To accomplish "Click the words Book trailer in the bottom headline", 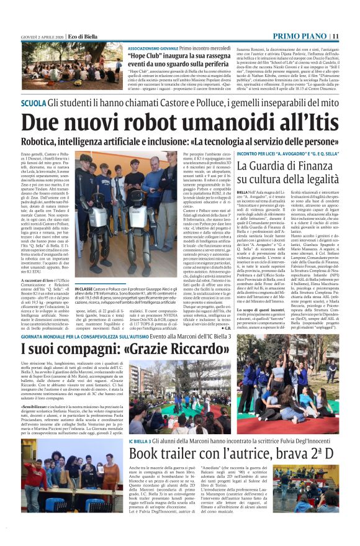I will coord(166,453).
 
